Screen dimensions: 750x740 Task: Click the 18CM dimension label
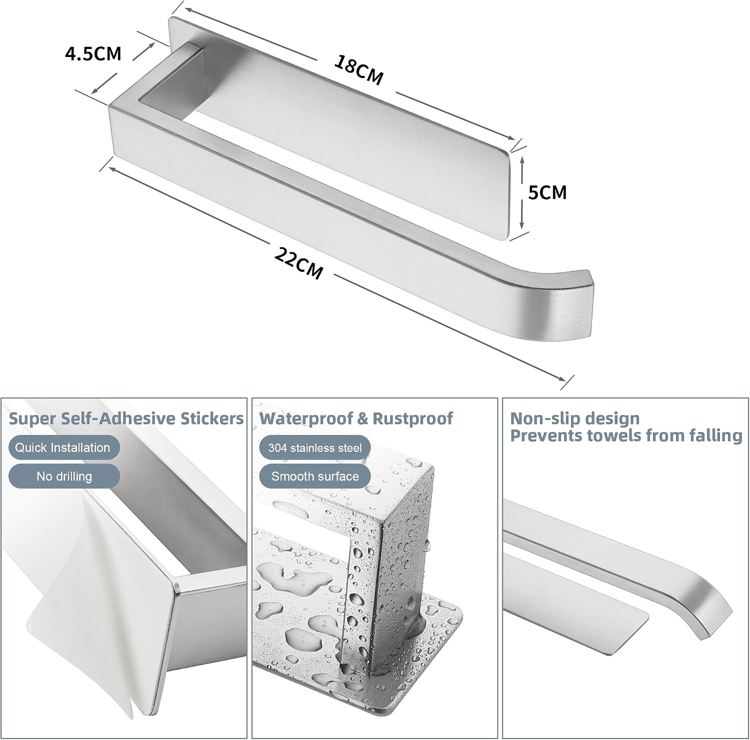coord(358,70)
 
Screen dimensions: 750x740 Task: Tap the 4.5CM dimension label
coord(93,53)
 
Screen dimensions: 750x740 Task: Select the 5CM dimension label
coord(547,192)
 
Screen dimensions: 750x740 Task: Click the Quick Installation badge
coord(63,447)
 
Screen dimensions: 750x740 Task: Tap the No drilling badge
coord(63,476)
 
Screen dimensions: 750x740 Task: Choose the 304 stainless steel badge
coord(315,448)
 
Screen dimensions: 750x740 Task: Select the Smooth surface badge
coord(315,476)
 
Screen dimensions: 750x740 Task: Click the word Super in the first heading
coord(33,419)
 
